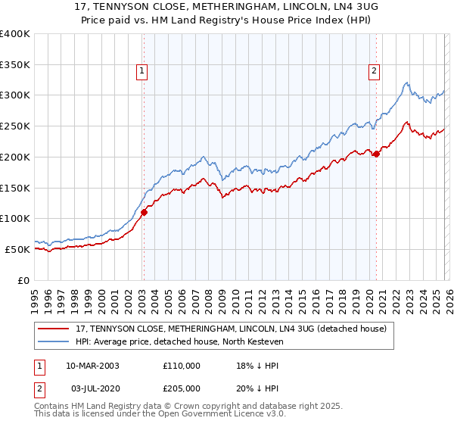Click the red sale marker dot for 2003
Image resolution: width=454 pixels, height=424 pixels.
click(x=144, y=212)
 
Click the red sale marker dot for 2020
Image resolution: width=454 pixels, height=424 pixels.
click(x=376, y=154)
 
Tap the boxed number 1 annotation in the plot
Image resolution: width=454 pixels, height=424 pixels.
click(x=142, y=72)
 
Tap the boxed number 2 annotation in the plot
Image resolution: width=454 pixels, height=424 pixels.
click(x=374, y=72)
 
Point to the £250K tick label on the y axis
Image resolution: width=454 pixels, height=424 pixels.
click(x=15, y=126)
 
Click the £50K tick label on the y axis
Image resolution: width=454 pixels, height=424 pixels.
click(x=17, y=249)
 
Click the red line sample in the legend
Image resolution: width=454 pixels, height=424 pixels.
click(x=54, y=329)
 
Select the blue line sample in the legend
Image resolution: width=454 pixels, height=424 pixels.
click(x=54, y=342)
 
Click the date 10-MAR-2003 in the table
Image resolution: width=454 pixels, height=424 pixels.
click(x=92, y=365)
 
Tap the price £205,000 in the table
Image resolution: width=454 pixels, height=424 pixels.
click(x=181, y=388)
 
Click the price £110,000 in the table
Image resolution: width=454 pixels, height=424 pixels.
click(x=181, y=365)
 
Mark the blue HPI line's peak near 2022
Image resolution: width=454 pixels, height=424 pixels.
click(x=407, y=83)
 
